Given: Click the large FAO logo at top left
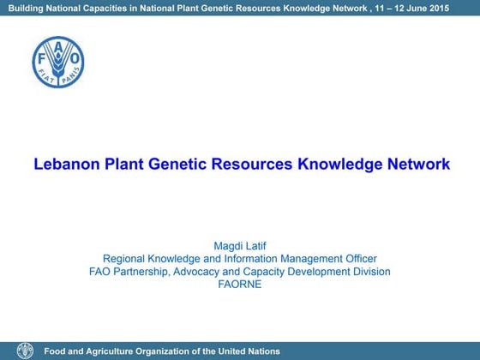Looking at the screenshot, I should [x=58, y=62].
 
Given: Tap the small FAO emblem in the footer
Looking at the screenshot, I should [x=25, y=351].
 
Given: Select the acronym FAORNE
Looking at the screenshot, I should [x=240, y=285].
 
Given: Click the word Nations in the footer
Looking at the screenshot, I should [x=261, y=351].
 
